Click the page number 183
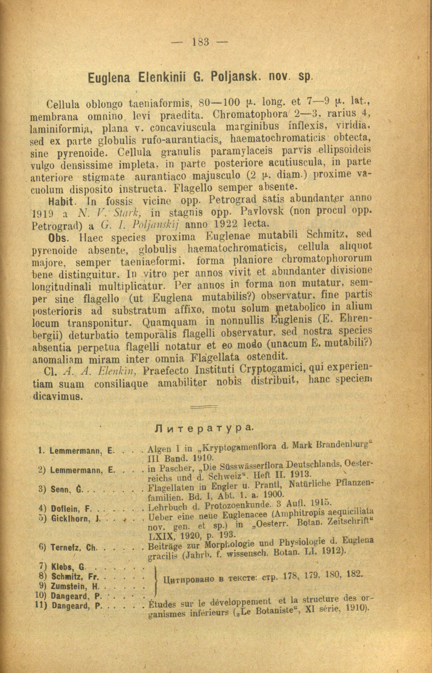[201, 42]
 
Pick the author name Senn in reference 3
[60, 490]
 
